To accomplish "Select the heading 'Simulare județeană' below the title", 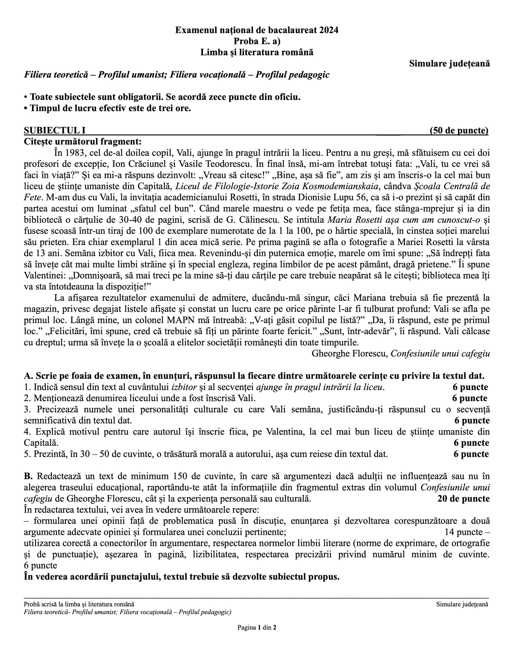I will [449, 64].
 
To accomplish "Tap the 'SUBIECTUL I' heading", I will [55, 131].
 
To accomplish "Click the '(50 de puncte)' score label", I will [459, 131].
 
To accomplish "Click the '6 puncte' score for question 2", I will [470, 398].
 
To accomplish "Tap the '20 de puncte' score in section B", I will [463, 499].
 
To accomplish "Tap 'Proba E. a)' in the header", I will [257, 41].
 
